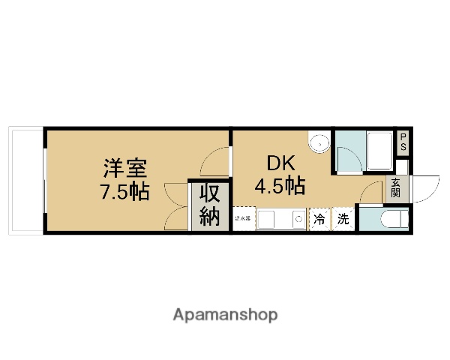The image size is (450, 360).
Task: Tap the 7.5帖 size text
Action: [125, 191]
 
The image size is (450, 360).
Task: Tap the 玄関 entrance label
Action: [395, 188]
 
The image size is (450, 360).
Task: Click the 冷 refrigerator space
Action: [319, 219]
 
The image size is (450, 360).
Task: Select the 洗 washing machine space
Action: [342, 219]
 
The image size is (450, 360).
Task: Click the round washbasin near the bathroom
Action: [319, 142]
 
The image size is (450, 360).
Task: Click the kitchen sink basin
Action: [272, 219]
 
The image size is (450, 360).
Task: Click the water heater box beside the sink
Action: [244, 219]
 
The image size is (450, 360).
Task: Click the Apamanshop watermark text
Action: [226, 314]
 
